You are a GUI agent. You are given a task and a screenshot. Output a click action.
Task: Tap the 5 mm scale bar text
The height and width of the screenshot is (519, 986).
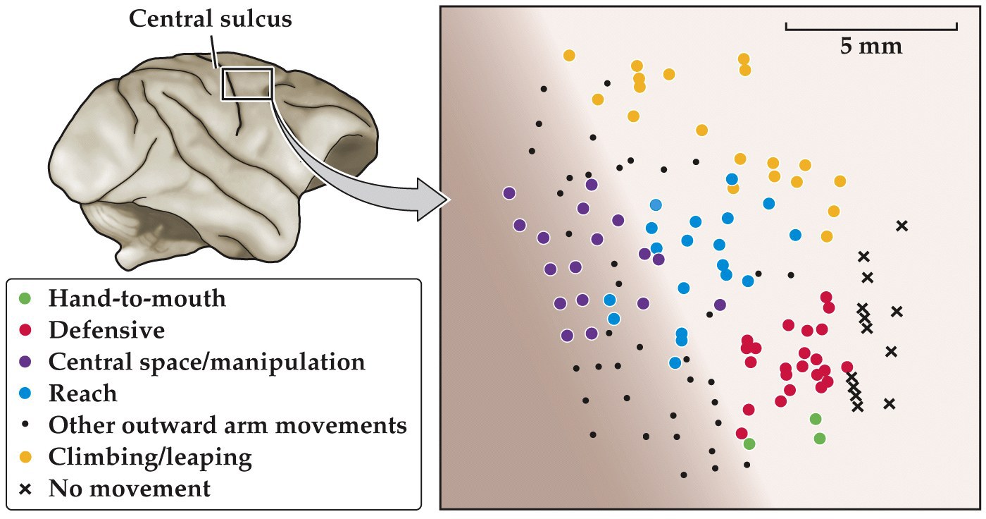(870, 47)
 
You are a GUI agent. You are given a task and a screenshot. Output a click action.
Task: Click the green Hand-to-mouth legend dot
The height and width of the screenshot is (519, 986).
(26, 298)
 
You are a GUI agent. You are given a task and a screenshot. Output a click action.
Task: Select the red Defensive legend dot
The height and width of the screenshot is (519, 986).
(26, 330)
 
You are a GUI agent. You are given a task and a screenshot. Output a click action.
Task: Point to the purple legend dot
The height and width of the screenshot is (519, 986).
(26, 362)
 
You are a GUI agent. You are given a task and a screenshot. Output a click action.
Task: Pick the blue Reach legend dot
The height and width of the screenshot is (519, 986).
(26, 393)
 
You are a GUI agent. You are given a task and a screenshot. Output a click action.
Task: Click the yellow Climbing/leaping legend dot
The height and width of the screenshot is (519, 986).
(26, 457)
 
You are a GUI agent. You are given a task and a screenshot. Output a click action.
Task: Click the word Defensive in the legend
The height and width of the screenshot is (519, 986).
(106, 330)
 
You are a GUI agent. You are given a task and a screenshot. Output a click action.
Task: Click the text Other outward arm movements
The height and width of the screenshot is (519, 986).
(227, 425)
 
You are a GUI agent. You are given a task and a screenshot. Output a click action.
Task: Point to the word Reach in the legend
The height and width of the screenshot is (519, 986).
(82, 393)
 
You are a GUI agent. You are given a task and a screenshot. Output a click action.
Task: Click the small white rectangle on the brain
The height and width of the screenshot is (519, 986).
(247, 84)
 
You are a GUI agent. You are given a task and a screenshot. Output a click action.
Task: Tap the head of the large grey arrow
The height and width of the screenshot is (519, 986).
(434, 200)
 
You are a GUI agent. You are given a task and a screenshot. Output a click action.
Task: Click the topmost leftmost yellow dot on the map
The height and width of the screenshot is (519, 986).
(569, 55)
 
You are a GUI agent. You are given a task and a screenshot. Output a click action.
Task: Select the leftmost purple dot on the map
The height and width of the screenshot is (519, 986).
(509, 193)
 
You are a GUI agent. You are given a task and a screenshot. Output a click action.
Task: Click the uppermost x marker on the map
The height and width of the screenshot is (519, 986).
(901, 226)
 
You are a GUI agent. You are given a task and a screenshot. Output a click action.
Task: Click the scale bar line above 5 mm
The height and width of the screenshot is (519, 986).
(870, 28)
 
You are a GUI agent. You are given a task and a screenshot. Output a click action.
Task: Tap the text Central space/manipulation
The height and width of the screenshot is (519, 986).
(206, 362)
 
